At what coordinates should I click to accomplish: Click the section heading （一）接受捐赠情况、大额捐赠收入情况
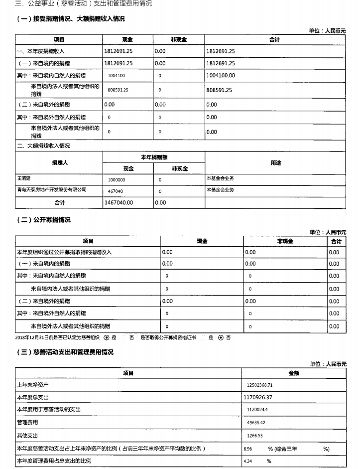click(x=71, y=19)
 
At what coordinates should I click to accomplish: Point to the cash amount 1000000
click(x=117, y=179)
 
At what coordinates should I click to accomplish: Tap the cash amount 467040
click(x=116, y=191)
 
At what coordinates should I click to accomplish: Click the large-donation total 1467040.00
click(x=119, y=203)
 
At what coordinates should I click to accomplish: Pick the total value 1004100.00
click(x=220, y=76)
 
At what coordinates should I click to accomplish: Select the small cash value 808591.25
click(x=118, y=90)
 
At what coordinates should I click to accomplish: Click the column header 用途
click(x=275, y=163)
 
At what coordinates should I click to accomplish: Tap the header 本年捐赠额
click(x=153, y=157)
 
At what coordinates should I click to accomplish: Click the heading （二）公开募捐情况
click(x=43, y=220)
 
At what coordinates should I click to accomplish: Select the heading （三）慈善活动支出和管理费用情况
click(x=65, y=352)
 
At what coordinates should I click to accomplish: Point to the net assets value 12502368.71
click(x=260, y=385)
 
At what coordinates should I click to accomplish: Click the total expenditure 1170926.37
click(x=258, y=397)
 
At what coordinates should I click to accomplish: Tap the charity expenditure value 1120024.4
click(x=257, y=410)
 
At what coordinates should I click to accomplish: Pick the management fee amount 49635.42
click(x=256, y=423)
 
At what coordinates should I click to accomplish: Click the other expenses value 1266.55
click(x=254, y=435)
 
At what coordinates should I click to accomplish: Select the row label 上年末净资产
click(x=33, y=385)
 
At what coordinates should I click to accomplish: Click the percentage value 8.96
click(x=248, y=449)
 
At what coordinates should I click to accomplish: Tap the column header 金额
click(x=293, y=373)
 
